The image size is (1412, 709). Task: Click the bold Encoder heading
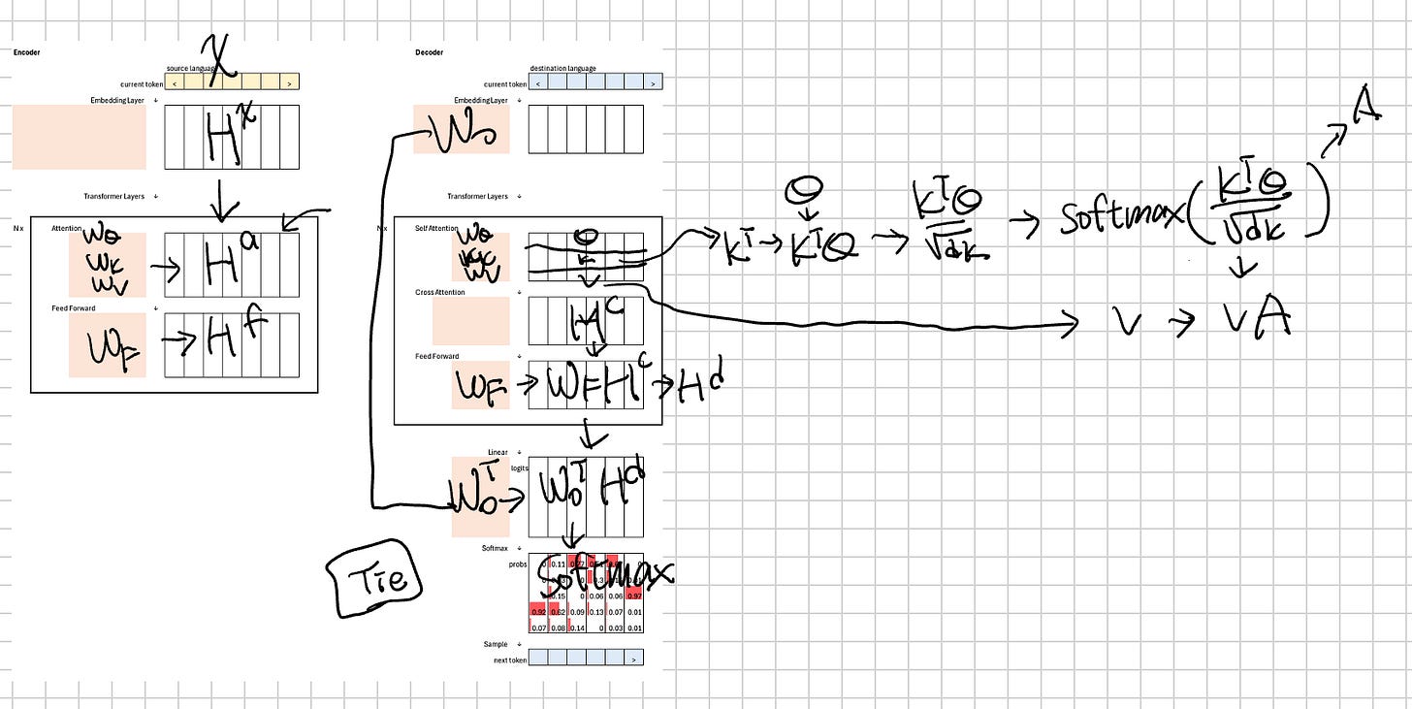pyautogui.click(x=27, y=52)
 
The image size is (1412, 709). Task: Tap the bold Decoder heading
pyautogui.click(x=429, y=52)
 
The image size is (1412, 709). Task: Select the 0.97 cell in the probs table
pyautogui.click(x=634, y=596)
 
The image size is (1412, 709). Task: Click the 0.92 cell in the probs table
pyautogui.click(x=538, y=612)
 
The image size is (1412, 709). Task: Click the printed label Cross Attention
pyautogui.click(x=440, y=292)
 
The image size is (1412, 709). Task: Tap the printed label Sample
pyautogui.click(x=496, y=644)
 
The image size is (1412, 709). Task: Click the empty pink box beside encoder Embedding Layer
pyautogui.click(x=80, y=137)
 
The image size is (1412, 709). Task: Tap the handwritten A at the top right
pyautogui.click(x=1367, y=114)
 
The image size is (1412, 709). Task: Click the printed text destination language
pyautogui.click(x=563, y=69)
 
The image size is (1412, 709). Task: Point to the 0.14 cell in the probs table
pyautogui.click(x=577, y=628)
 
